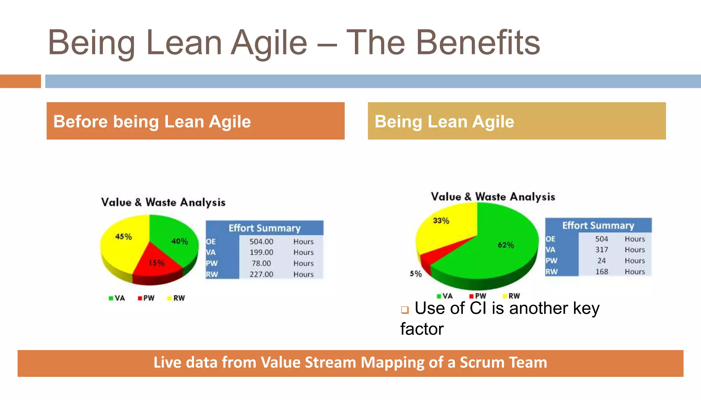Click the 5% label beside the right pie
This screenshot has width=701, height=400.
[416, 274]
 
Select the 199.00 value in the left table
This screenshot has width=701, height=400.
[261, 252]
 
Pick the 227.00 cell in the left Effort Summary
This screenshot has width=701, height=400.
[261, 274]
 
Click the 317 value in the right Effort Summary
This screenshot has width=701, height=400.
[601, 250]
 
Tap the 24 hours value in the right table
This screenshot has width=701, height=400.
[601, 261]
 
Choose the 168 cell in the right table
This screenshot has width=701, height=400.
[601, 272]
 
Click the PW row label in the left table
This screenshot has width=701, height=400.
[212, 264]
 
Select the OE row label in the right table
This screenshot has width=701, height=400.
[550, 239]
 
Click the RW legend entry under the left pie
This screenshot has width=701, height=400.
[176, 298]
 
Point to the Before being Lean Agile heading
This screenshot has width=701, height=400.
[152, 122]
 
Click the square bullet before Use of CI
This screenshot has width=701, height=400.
[405, 310]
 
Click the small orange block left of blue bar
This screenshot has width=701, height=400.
[20, 81]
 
